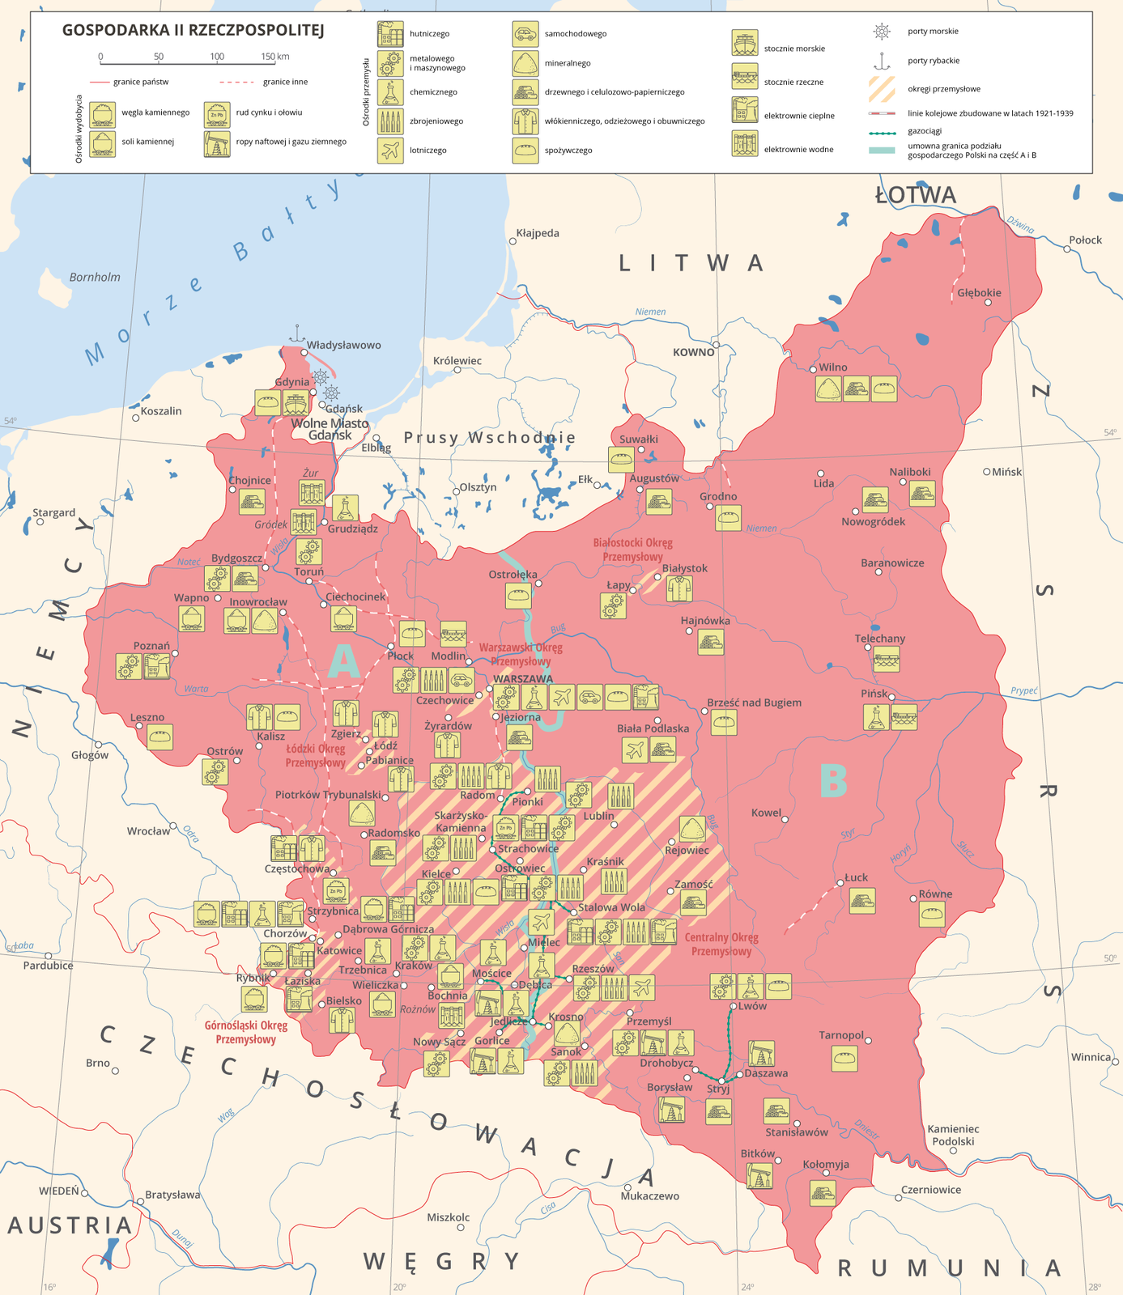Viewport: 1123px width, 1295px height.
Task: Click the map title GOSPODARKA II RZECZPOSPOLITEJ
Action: coord(193,31)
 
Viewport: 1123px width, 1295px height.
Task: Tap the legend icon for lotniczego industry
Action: coord(389,151)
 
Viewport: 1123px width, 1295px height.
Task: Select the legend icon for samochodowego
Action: coord(525,34)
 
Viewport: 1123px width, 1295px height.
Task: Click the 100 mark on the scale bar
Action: coord(217,57)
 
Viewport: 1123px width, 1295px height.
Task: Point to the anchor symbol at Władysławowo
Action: coord(297,333)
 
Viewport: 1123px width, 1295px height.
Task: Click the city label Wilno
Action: coord(832,367)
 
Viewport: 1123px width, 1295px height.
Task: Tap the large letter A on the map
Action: coord(343,661)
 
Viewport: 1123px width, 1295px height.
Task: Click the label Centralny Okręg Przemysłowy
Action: coord(721,945)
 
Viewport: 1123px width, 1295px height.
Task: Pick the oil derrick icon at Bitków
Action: coord(759,1175)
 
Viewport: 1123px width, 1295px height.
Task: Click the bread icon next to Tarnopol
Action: coord(844,1058)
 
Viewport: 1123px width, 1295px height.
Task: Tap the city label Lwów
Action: coord(752,1006)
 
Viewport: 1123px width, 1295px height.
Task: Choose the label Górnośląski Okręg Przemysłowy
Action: coord(245,1032)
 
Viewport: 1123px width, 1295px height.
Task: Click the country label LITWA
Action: coord(691,263)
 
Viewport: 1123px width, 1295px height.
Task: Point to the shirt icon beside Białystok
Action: coord(679,588)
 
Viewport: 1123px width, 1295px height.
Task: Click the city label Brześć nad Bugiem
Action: coord(754,703)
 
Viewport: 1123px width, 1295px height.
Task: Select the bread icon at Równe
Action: coord(932,915)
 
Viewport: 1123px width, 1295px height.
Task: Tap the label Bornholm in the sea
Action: coord(95,277)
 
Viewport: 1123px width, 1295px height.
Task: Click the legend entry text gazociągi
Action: coord(924,131)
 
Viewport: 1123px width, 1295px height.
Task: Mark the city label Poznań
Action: coord(151,646)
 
